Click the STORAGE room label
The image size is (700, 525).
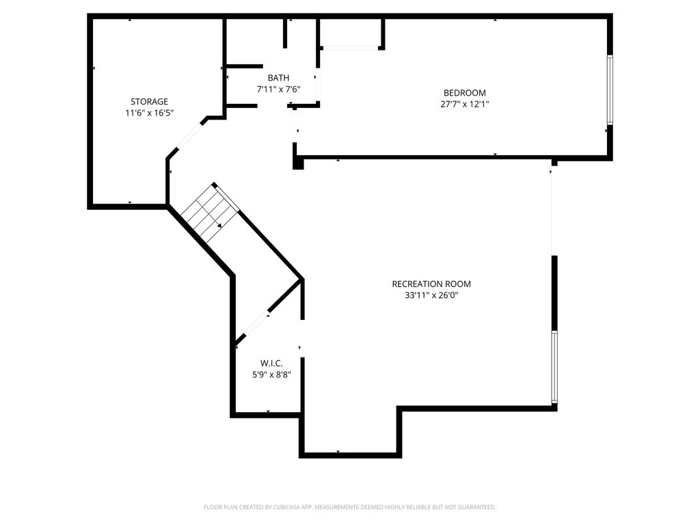[149, 102]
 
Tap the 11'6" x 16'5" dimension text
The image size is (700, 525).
[149, 113]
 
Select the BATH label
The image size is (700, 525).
[278, 78]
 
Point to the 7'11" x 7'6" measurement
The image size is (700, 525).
[278, 90]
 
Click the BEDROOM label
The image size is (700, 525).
[464, 93]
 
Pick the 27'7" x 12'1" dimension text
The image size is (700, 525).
[464, 105]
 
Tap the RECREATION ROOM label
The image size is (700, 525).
[431, 284]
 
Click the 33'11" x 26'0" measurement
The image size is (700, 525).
[431, 295]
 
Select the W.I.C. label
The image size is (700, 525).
[271, 364]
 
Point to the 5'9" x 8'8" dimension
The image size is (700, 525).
[271, 375]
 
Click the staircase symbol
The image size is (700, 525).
[211, 213]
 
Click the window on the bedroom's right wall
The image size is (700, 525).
[609, 90]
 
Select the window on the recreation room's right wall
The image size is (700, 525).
[554, 367]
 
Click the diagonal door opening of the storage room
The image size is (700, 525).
[189, 135]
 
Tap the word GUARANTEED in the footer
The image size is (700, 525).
[478, 507]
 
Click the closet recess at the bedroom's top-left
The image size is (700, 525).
[351, 33]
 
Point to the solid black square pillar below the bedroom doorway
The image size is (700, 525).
[298, 163]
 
